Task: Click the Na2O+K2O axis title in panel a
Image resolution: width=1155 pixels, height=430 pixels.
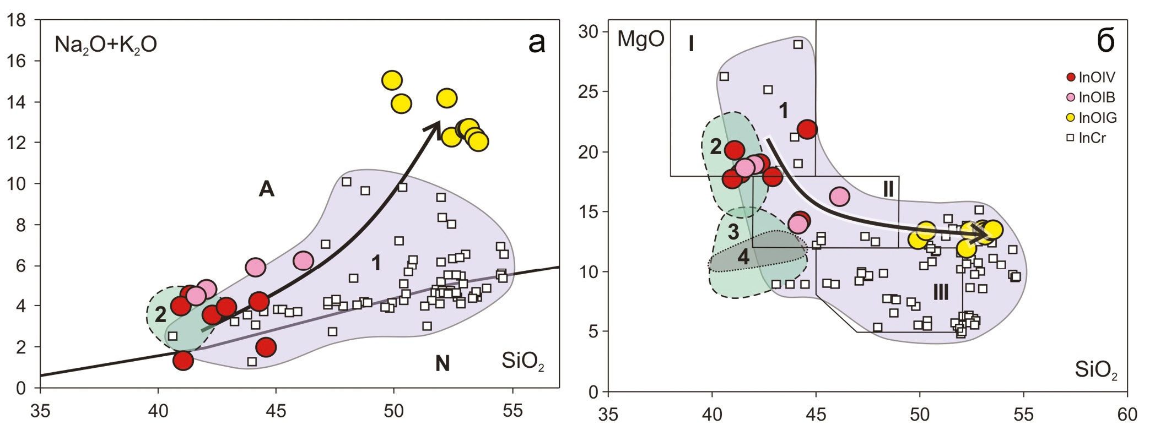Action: [105, 45]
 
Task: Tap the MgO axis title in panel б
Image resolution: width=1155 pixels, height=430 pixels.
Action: [640, 40]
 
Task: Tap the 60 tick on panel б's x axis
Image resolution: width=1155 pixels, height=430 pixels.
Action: [1127, 414]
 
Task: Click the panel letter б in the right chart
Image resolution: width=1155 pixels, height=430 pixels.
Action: [1105, 41]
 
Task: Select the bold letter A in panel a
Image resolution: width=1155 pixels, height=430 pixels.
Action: [266, 189]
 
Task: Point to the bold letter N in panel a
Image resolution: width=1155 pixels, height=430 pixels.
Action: [442, 363]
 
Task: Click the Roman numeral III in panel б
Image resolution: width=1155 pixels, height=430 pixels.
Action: [941, 292]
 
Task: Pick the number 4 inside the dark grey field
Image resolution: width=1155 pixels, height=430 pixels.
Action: [743, 257]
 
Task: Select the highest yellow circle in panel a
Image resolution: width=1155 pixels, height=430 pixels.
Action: [391, 80]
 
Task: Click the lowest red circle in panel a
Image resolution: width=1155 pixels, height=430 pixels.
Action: [183, 361]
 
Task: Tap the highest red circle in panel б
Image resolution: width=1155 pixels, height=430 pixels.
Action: [807, 129]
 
